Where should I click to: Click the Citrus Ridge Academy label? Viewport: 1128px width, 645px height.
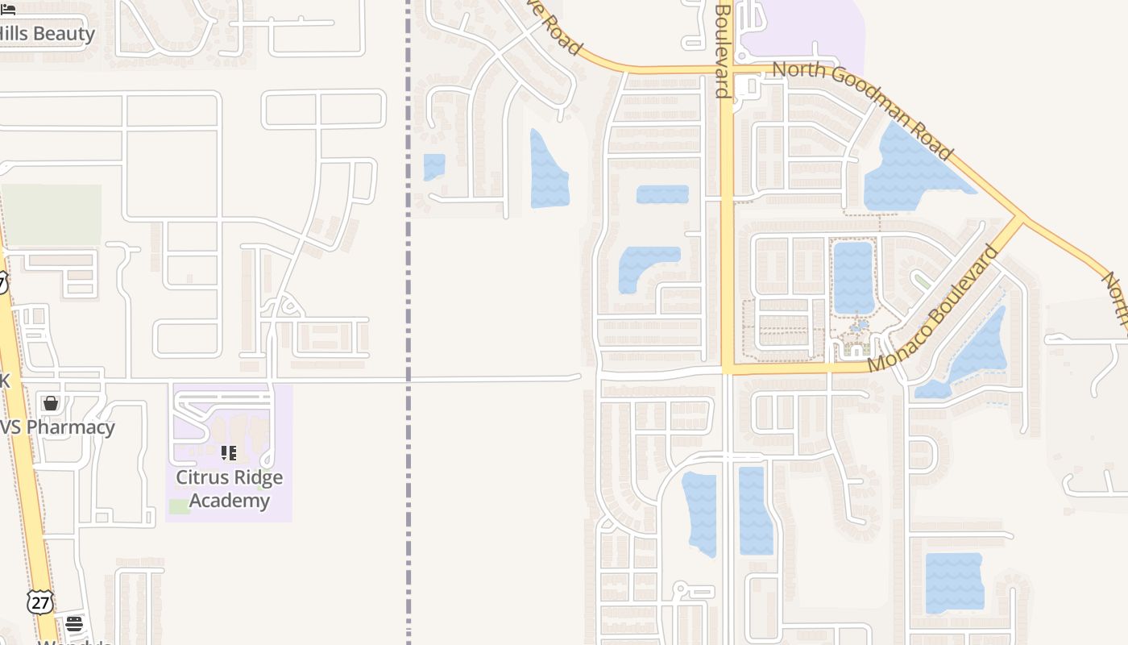click(229, 489)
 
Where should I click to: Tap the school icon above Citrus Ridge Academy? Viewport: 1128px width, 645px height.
click(229, 453)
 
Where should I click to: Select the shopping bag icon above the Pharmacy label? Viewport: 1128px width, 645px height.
click(51, 403)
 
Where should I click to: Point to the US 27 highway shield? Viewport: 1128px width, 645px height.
click(39, 601)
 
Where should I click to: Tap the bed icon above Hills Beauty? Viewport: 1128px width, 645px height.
click(8, 9)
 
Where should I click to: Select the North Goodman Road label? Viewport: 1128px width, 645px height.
click(862, 110)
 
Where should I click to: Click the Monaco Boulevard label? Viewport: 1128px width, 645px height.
click(934, 310)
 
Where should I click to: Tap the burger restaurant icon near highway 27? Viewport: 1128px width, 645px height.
click(74, 623)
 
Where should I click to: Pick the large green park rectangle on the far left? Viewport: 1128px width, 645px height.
click(52, 214)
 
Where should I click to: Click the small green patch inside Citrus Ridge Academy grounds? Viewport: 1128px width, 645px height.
click(180, 506)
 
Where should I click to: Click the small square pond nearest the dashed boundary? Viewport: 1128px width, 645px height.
click(434, 166)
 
